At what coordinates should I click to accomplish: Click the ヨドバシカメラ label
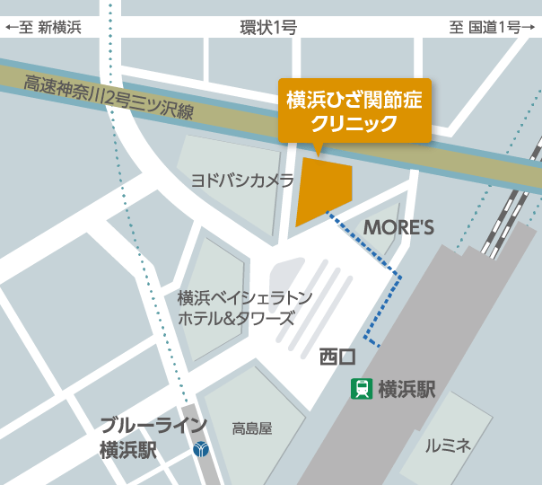(242, 181)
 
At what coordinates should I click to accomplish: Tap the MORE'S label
(398, 227)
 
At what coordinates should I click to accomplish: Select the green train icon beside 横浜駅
(363, 389)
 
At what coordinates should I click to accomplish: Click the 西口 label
(337, 357)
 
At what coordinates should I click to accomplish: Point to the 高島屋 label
(251, 428)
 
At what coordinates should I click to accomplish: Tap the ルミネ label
(448, 445)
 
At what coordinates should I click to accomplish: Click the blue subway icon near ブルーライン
(201, 448)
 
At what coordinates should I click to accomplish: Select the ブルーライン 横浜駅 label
(153, 436)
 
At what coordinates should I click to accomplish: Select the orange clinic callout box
(354, 110)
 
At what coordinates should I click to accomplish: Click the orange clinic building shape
(321, 190)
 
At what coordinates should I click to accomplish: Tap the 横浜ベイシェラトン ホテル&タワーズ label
(244, 307)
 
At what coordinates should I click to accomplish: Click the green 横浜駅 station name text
(406, 389)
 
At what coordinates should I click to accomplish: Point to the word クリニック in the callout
(355, 123)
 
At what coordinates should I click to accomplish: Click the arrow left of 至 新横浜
(12, 28)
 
